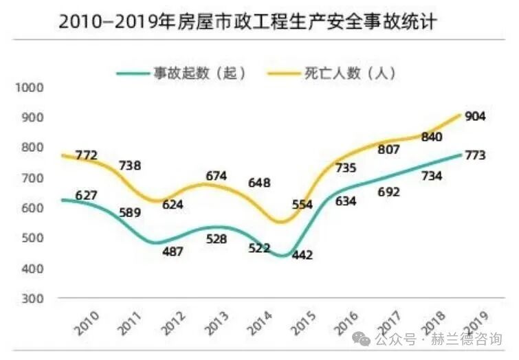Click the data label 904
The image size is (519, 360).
[475, 116]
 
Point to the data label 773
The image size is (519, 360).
[475, 155]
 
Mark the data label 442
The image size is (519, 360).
[302, 255]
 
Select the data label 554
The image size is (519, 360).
[302, 204]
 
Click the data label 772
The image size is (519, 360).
[87, 155]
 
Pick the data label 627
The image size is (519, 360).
[87, 196]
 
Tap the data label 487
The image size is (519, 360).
[173, 251]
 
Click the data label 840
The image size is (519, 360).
[431, 137]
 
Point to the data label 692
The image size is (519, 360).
[388, 192]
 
